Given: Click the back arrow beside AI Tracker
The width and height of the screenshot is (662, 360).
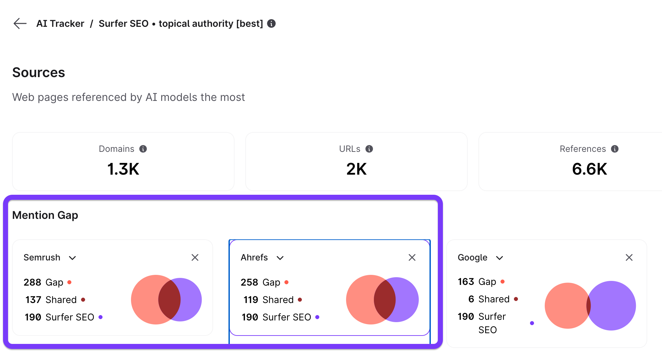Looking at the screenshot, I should [x=20, y=23].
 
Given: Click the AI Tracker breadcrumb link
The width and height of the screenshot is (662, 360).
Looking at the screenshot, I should [x=60, y=23].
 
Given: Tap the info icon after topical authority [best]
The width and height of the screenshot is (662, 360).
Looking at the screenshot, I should [x=271, y=23].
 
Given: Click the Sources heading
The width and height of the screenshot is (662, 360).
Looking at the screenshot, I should [x=39, y=72].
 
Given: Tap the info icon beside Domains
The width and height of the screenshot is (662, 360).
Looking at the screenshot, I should [x=143, y=149].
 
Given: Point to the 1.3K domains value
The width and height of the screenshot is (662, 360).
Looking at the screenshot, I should [x=123, y=169].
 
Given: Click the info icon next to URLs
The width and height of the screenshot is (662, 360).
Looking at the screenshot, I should [x=369, y=149].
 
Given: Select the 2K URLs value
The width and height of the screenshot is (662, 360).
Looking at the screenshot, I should [x=356, y=169].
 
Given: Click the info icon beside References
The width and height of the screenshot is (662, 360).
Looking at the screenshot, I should [x=615, y=149].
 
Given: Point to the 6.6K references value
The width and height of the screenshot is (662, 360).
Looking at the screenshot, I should [x=589, y=169].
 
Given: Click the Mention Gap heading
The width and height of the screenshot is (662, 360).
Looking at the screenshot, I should [x=45, y=215].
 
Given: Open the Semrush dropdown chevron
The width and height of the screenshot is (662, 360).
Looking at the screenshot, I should [x=72, y=258].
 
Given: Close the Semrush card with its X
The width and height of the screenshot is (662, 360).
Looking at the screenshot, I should [x=195, y=257].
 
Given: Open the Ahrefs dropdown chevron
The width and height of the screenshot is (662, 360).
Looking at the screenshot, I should [x=280, y=258].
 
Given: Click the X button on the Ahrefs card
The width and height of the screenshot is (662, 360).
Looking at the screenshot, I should [x=412, y=257].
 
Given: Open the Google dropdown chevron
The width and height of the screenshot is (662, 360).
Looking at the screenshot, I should [x=500, y=258].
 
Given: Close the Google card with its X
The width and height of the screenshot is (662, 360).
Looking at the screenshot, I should [x=629, y=257].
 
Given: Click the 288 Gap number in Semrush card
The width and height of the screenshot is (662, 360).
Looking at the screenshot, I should [x=32, y=282].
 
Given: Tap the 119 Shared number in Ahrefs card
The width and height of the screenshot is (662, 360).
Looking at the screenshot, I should [x=251, y=300].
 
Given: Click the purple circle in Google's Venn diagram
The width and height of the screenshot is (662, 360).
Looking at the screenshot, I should [x=616, y=306].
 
